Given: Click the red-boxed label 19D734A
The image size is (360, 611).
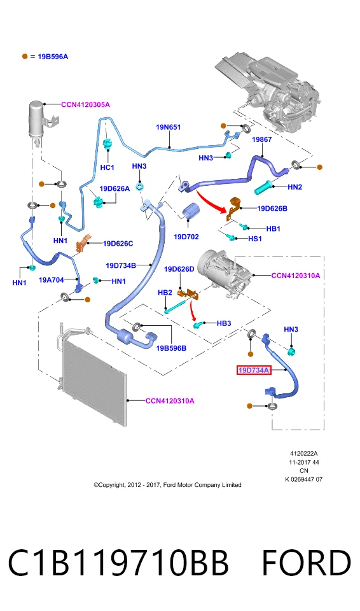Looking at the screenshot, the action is tap(254, 370).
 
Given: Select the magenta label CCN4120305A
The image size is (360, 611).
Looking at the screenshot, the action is tap(85, 104).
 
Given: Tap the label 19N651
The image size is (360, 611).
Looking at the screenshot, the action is tap(169, 127).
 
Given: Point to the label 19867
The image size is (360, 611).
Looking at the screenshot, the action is tap(262, 139).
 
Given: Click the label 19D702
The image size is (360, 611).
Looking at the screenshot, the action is tap(186, 237).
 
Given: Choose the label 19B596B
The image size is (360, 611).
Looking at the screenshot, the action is tap(171, 348).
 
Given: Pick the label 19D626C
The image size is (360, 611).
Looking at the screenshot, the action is tap(118, 244).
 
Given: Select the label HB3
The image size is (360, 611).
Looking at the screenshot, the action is tap(224, 323).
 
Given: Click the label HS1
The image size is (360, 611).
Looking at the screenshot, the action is tap(255, 239).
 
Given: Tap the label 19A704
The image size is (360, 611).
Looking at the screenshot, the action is tap(52, 279).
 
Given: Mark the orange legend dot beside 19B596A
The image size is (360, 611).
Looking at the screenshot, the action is tap(25, 57).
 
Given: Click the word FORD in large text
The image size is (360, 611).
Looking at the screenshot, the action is tap(306, 563).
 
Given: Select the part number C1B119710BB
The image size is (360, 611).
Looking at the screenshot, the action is tap(118, 563).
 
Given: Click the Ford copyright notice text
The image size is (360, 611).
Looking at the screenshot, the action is tap(167, 485).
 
